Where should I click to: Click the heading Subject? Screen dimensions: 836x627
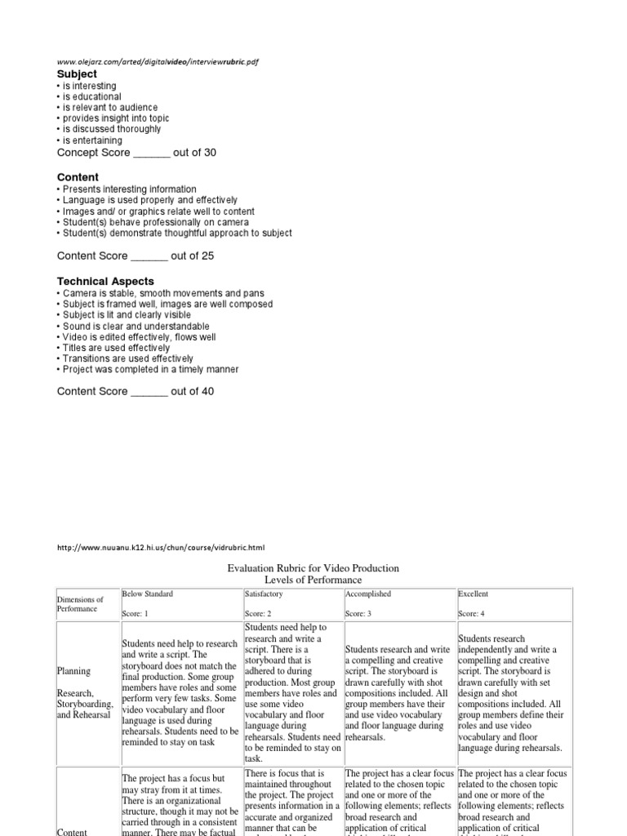77,74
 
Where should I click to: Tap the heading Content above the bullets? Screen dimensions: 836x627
78,177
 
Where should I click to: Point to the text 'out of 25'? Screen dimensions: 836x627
193,256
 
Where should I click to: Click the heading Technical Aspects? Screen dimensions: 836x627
105,282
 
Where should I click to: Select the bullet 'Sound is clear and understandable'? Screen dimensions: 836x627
133,326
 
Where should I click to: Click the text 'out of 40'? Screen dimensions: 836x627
193,391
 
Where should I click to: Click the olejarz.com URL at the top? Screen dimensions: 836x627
152,61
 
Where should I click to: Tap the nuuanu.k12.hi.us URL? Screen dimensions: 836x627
161,548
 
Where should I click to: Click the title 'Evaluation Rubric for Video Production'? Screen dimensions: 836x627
313,568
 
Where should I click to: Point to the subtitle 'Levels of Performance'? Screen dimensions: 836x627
313,580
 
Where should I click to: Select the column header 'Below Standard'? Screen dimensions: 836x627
148,594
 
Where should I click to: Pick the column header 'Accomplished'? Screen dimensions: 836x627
368,594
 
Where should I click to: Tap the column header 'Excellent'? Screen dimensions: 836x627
474,594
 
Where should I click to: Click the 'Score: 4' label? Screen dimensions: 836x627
472,613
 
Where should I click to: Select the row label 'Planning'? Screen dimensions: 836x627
73,671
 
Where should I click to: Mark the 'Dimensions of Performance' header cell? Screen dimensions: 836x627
80,604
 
